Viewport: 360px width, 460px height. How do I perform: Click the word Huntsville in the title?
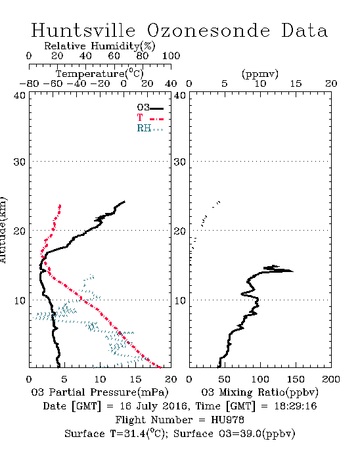point(83,30)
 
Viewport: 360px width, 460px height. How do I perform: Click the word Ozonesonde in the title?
point(208,30)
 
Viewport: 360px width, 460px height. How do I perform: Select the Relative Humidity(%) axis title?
point(100,46)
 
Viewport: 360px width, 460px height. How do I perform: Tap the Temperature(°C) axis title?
point(100,74)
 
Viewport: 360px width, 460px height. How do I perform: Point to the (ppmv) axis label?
point(260,74)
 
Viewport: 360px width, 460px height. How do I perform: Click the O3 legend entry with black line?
point(150,108)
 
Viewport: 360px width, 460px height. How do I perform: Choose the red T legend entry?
point(150,118)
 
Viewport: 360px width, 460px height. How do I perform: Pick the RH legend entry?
point(150,129)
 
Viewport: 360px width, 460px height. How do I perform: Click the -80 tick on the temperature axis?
point(30,84)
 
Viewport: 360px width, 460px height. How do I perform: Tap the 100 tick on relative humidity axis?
point(171,56)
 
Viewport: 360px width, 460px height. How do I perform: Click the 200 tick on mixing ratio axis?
point(331,379)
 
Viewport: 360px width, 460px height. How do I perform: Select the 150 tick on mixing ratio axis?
point(296,379)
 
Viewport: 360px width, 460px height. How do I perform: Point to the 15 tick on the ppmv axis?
point(296,84)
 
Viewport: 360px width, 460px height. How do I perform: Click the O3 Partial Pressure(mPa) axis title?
point(100,392)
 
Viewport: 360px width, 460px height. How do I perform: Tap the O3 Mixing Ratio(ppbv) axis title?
point(259,392)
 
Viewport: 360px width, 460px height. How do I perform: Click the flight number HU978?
point(227,420)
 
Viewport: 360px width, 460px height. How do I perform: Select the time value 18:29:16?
point(296,406)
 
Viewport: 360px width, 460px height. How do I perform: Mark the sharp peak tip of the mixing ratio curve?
point(293,271)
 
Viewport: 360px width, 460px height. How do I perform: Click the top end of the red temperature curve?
point(60,205)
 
